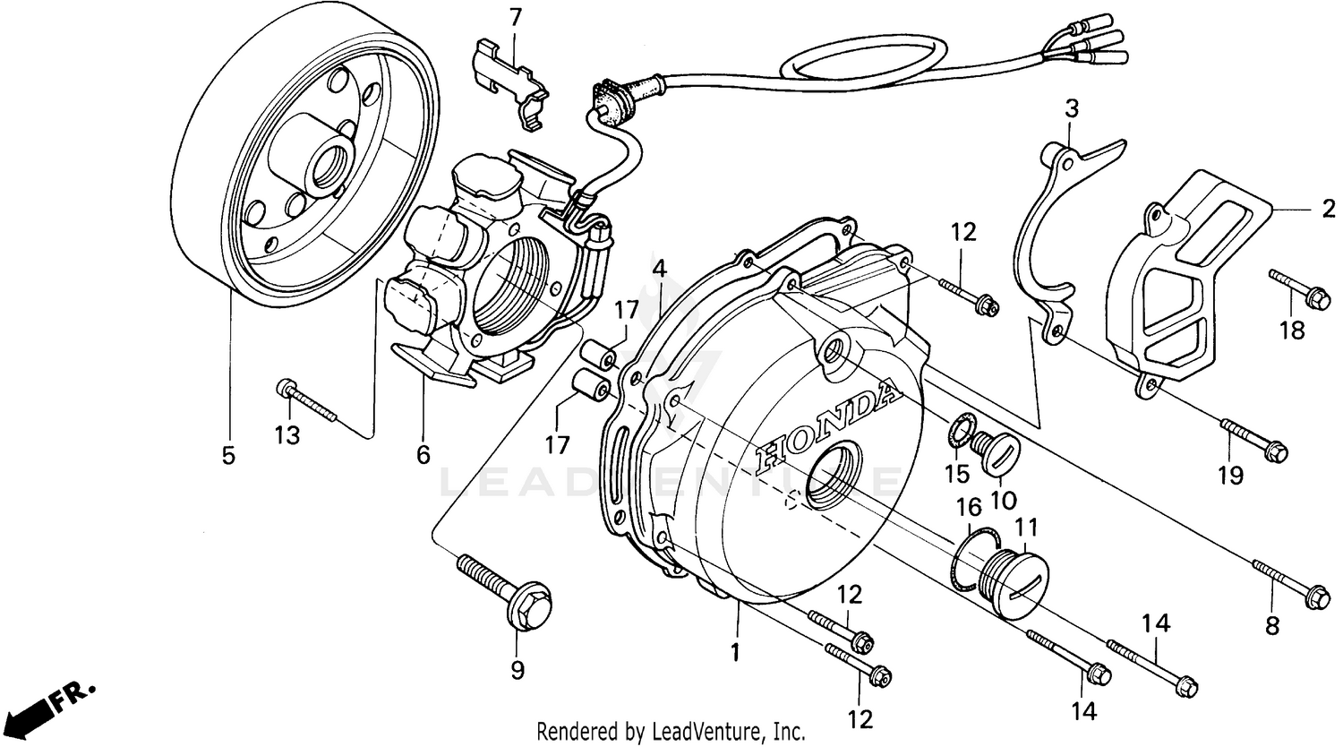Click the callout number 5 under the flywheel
(228, 456)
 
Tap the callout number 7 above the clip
(515, 17)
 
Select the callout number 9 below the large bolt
(518, 669)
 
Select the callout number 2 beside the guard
(1328, 209)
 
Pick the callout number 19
(1230, 476)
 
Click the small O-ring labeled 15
(960, 429)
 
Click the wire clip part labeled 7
(511, 85)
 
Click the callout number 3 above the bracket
(1071, 109)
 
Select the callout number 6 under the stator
(423, 454)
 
